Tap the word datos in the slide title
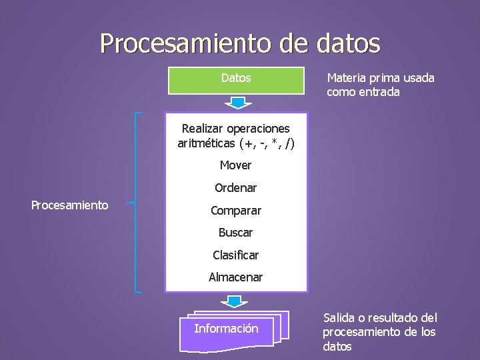(345, 44)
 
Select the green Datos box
(236, 80)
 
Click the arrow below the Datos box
(236, 103)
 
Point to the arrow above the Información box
(235, 302)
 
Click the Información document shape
(227, 329)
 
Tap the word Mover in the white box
(236, 165)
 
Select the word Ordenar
(236, 188)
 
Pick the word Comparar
(236, 211)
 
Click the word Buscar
(236, 233)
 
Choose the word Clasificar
(236, 255)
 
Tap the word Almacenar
(236, 277)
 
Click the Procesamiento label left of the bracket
(70, 205)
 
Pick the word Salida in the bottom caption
(340, 318)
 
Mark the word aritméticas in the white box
(207, 143)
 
